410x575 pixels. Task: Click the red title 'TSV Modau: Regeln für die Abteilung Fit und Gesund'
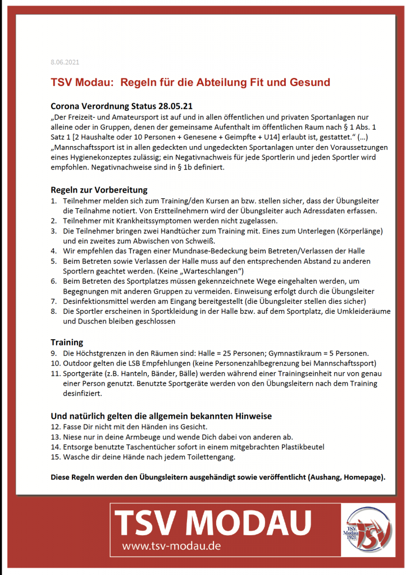pyautogui.click(x=190, y=83)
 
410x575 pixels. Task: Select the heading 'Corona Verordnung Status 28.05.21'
pyautogui.click(x=118, y=106)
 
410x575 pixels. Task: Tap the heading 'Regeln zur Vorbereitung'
pyautogui.click(x=99, y=190)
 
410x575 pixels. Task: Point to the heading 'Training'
pyautogui.click(x=67, y=342)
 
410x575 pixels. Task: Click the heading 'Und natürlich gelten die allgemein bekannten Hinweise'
pyautogui.click(x=161, y=416)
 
